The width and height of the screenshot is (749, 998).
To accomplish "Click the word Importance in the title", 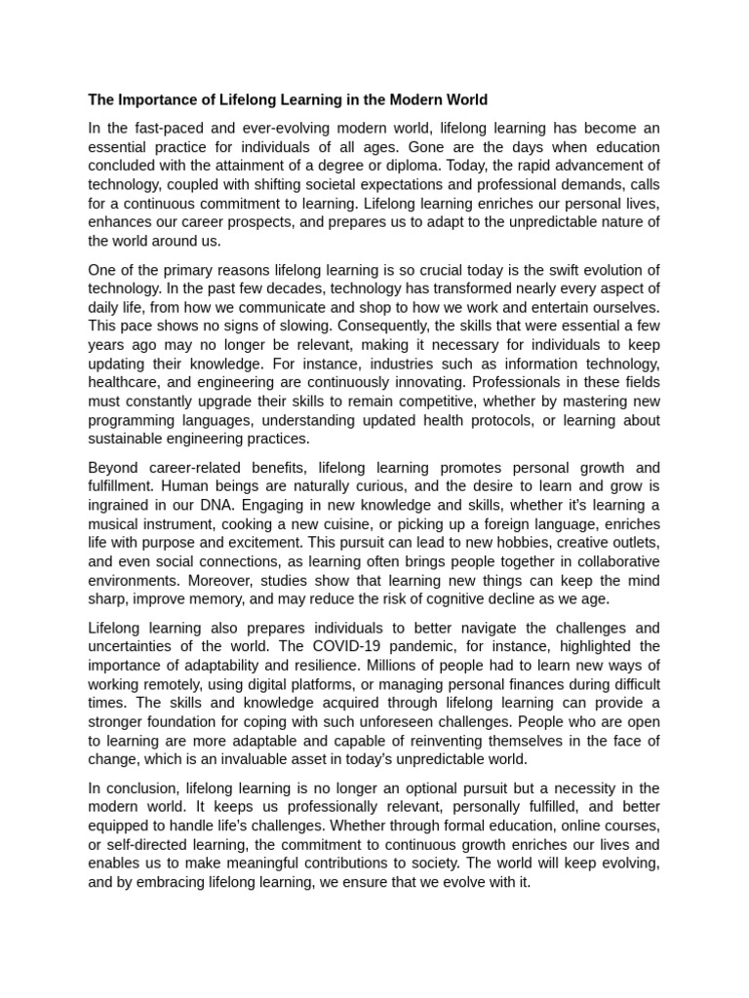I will (157, 99).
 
